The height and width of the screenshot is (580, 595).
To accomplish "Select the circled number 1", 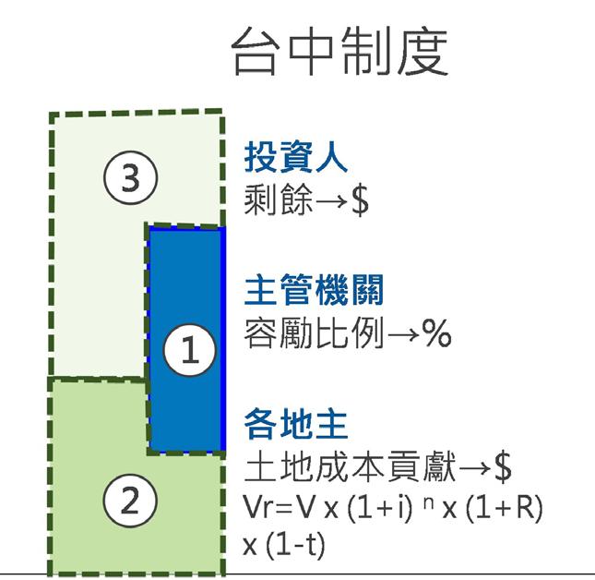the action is pyautogui.click(x=188, y=351).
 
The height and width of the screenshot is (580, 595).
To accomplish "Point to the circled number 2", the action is pyautogui.click(x=130, y=503).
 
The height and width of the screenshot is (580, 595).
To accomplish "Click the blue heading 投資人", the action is pyautogui.click(x=295, y=159).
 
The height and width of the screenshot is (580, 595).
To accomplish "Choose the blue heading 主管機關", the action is pyautogui.click(x=313, y=292).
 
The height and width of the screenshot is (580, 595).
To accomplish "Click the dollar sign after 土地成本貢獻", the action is pyautogui.click(x=503, y=467).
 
